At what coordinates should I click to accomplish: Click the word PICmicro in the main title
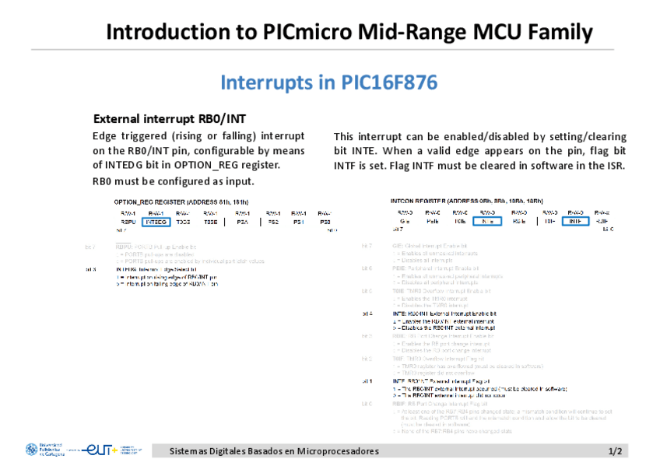[307, 32]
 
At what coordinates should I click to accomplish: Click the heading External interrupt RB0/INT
[169, 119]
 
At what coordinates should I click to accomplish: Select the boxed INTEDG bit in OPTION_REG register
[157, 222]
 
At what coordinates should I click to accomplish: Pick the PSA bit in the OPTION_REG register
[242, 222]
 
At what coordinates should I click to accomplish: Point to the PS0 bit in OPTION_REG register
[325, 222]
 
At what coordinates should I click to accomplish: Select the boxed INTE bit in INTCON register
[488, 221]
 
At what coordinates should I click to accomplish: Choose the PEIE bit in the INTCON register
[433, 221]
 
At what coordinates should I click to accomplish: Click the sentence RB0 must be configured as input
[173, 181]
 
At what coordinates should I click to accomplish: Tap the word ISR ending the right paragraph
[616, 166]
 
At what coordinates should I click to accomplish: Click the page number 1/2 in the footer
[615, 451]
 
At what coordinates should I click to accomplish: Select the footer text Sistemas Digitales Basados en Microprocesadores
[274, 451]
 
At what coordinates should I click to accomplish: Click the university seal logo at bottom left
[31, 450]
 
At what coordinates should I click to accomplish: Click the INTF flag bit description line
[448, 381]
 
